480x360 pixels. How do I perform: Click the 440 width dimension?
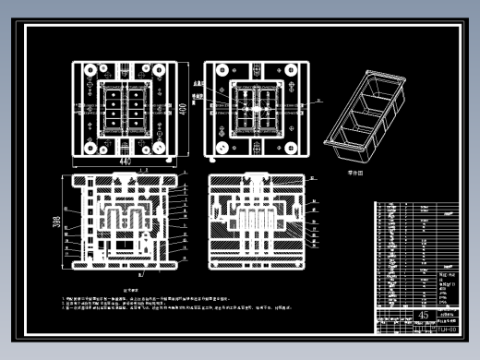[x=126, y=162]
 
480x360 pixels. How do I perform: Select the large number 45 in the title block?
[x=399, y=316]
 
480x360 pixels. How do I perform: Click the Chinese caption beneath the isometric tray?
[x=356, y=172]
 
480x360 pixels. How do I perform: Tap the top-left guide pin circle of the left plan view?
[x=88, y=70]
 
